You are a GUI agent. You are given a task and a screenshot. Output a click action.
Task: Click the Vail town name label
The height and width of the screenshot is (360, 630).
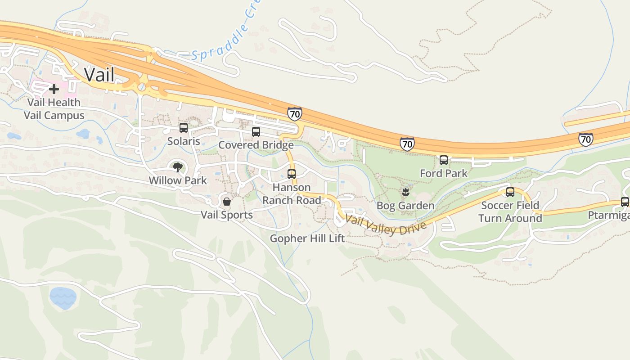click(x=99, y=75)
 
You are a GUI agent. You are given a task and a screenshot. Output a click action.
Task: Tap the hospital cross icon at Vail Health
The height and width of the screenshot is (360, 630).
click(x=54, y=89)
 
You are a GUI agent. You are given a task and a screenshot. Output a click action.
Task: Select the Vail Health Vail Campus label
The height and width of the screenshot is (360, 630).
click(x=54, y=109)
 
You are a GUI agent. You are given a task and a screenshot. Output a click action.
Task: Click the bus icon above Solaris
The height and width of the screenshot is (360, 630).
click(x=183, y=128)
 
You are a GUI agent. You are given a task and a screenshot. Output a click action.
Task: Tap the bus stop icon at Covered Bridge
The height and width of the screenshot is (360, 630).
click(x=256, y=132)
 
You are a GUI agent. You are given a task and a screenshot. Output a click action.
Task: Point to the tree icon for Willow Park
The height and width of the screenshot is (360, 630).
click(x=178, y=167)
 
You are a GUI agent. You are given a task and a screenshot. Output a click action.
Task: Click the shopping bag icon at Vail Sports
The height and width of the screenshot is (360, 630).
click(x=227, y=202)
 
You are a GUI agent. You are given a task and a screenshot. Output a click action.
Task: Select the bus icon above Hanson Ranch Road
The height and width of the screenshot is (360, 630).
click(x=292, y=174)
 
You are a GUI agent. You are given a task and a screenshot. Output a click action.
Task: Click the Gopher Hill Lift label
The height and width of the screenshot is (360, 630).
click(x=307, y=238)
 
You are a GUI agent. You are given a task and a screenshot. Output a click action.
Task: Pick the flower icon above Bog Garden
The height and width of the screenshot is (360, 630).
click(x=405, y=193)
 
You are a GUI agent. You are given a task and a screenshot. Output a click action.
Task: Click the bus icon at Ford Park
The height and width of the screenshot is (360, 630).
click(x=443, y=160)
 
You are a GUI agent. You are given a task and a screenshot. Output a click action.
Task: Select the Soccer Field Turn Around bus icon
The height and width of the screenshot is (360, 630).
click(x=510, y=192)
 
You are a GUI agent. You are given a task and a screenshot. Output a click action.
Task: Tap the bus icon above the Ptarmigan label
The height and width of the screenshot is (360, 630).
click(x=625, y=202)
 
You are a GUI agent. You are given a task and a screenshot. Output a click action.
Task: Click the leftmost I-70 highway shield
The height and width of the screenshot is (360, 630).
click(x=294, y=114)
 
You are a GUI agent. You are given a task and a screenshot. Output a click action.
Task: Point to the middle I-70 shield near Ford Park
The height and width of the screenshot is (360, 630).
click(x=407, y=144)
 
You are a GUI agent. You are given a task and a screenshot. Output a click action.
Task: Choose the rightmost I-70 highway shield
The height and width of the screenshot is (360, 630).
click(x=585, y=139)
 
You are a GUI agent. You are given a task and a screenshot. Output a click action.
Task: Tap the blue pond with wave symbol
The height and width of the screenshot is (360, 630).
click(x=63, y=298)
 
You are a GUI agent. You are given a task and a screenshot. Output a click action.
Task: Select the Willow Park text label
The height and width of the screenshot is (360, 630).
click(x=178, y=180)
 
